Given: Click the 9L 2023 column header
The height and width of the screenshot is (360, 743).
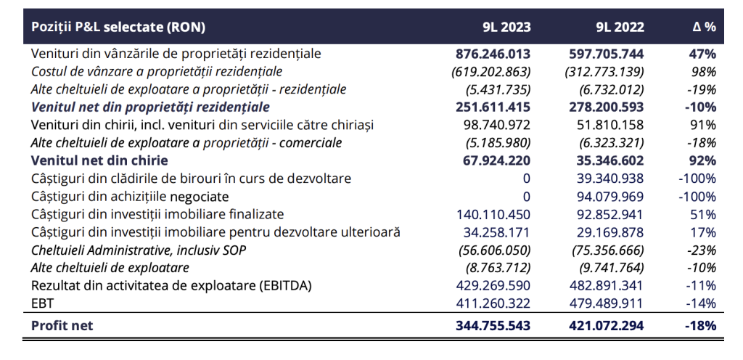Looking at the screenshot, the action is pyautogui.click(x=506, y=27).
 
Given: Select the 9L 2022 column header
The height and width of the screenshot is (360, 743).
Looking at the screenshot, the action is pyautogui.click(x=620, y=27).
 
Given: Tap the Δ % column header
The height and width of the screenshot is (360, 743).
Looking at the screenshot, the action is pyautogui.click(x=704, y=27).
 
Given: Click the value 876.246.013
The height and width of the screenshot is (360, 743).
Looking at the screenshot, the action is pyautogui.click(x=493, y=54).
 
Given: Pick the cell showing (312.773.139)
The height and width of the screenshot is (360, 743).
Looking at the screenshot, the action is pyautogui.click(x=604, y=72).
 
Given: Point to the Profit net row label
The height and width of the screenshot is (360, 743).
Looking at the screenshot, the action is pyautogui.click(x=62, y=326).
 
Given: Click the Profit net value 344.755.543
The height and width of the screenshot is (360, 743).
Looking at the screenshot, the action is pyautogui.click(x=493, y=326).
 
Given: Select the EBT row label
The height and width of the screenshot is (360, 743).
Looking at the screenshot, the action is pyautogui.click(x=41, y=303).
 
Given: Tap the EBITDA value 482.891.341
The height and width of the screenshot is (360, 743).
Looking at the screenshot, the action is pyautogui.click(x=606, y=286).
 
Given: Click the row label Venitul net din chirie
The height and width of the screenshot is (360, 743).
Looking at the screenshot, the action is pyautogui.click(x=99, y=160).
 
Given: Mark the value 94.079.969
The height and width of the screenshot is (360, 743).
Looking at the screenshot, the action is pyautogui.click(x=606, y=197).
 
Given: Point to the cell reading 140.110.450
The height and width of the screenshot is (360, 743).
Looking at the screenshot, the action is pyautogui.click(x=493, y=215).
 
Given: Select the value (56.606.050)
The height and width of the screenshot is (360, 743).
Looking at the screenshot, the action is pyautogui.click(x=494, y=250).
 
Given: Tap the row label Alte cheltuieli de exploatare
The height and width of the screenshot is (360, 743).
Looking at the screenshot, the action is pyautogui.click(x=110, y=268).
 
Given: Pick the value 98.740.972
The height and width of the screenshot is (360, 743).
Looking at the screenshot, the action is pyautogui.click(x=496, y=125).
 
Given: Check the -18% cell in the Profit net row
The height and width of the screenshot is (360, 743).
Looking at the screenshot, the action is pyautogui.click(x=700, y=326).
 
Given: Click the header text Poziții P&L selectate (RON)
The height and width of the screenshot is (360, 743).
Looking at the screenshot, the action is pyautogui.click(x=118, y=27).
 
